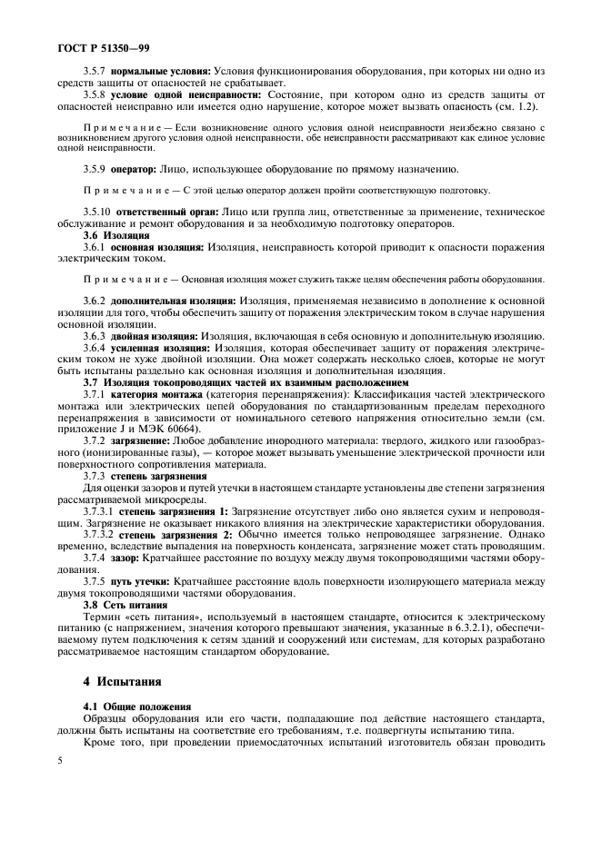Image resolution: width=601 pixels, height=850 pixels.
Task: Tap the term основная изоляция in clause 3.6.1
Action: coord(158,247)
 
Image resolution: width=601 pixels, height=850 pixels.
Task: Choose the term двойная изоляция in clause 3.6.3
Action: coord(156,335)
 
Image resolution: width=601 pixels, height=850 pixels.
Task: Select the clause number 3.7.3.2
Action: coord(99,534)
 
